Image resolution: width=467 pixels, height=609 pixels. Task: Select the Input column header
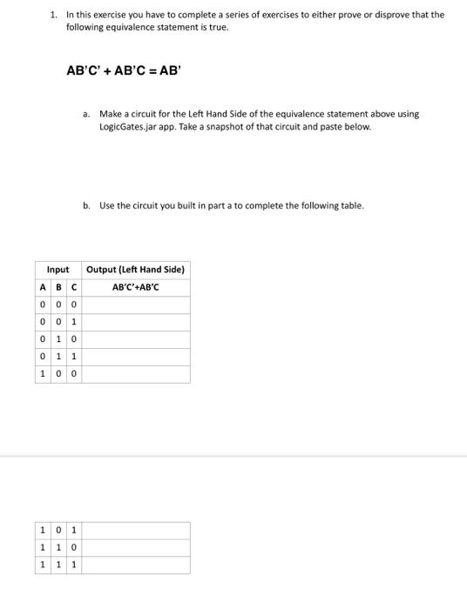tap(58, 270)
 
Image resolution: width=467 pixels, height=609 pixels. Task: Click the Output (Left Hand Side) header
tap(135, 270)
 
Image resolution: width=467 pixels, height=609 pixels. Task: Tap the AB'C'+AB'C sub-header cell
tap(135, 287)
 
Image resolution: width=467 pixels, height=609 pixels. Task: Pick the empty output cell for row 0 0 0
tap(135, 304)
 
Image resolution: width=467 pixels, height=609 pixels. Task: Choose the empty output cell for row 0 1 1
tap(135, 357)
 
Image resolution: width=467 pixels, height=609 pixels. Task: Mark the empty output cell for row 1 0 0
tap(135, 374)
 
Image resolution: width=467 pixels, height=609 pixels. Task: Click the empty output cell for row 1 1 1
tap(135, 565)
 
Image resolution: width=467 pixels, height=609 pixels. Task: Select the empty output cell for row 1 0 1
tap(135, 530)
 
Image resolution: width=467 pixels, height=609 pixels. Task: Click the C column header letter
tap(74, 287)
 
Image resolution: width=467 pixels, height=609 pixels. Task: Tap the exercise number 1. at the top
tap(54, 15)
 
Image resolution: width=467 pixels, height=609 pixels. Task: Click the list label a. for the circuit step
tap(86, 114)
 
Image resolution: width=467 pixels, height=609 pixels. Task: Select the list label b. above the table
tap(86, 206)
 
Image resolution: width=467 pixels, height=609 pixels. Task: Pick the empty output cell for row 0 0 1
tap(135, 322)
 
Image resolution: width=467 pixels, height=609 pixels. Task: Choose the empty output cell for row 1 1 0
tap(135, 547)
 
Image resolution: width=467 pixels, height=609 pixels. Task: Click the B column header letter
tap(58, 287)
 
